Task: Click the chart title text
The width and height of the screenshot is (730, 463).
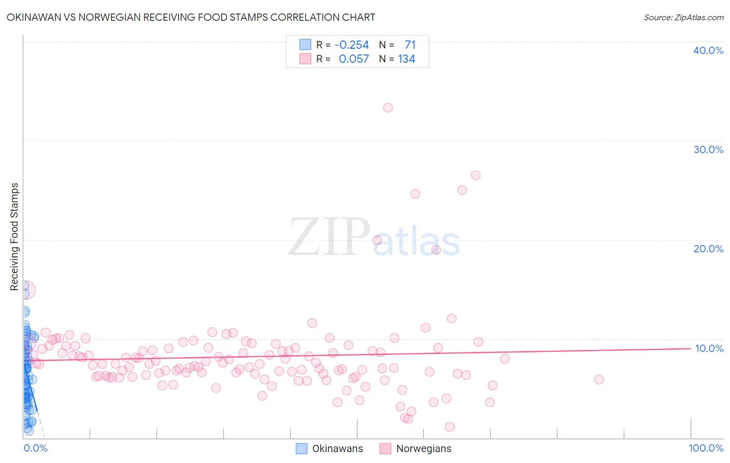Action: coord(191,17)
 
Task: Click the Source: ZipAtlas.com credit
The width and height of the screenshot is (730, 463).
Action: coord(683,17)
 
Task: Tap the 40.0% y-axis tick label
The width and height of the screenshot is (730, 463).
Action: coord(708,50)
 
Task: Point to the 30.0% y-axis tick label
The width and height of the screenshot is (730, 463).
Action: coord(708,149)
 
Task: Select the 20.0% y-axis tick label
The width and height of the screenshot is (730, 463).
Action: coord(708,249)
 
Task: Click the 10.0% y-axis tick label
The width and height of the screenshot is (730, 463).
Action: coord(709,348)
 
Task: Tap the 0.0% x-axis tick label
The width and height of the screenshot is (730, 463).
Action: coord(35,448)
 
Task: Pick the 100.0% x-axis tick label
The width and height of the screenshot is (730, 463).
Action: coord(706,448)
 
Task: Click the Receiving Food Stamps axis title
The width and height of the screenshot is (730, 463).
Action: coord(15,237)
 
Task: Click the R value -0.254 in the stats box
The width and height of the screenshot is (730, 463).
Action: coord(352,45)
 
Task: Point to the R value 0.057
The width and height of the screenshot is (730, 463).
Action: coord(354,59)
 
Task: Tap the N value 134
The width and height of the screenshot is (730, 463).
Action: coord(407,59)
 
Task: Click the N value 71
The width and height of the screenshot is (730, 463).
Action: coord(410,45)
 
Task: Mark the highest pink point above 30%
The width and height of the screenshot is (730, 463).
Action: coord(388,108)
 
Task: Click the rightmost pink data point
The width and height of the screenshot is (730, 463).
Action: coord(599,379)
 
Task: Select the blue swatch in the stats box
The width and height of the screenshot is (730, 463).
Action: coord(305,45)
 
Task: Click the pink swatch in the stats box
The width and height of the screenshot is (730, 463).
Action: coord(305,59)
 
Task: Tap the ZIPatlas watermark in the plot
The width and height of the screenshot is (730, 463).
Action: coord(374,238)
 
